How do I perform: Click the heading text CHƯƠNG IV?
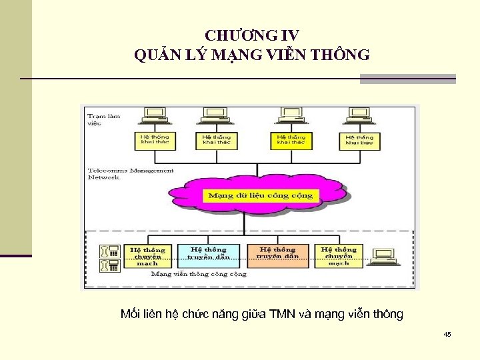(252, 35)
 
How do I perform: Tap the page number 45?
(447, 334)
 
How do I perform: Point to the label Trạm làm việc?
(104, 119)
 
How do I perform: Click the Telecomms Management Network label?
(130, 174)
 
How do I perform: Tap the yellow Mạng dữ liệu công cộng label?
(261, 195)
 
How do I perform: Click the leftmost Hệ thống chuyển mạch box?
(147, 255)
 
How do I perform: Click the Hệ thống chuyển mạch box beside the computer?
(339, 255)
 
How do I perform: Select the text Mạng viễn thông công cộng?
(198, 274)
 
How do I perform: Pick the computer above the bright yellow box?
(291, 115)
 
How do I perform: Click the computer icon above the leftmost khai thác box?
(155, 115)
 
